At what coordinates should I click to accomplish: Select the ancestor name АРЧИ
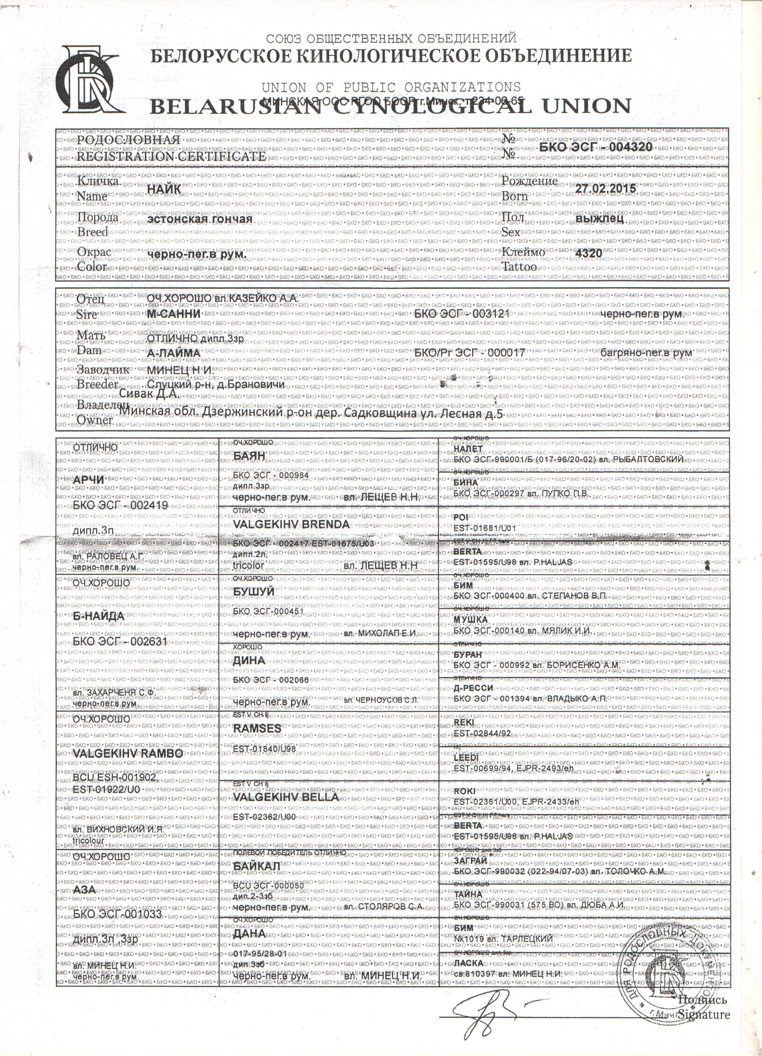pos(89,479)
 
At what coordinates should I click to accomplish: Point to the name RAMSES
pos(257,728)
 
